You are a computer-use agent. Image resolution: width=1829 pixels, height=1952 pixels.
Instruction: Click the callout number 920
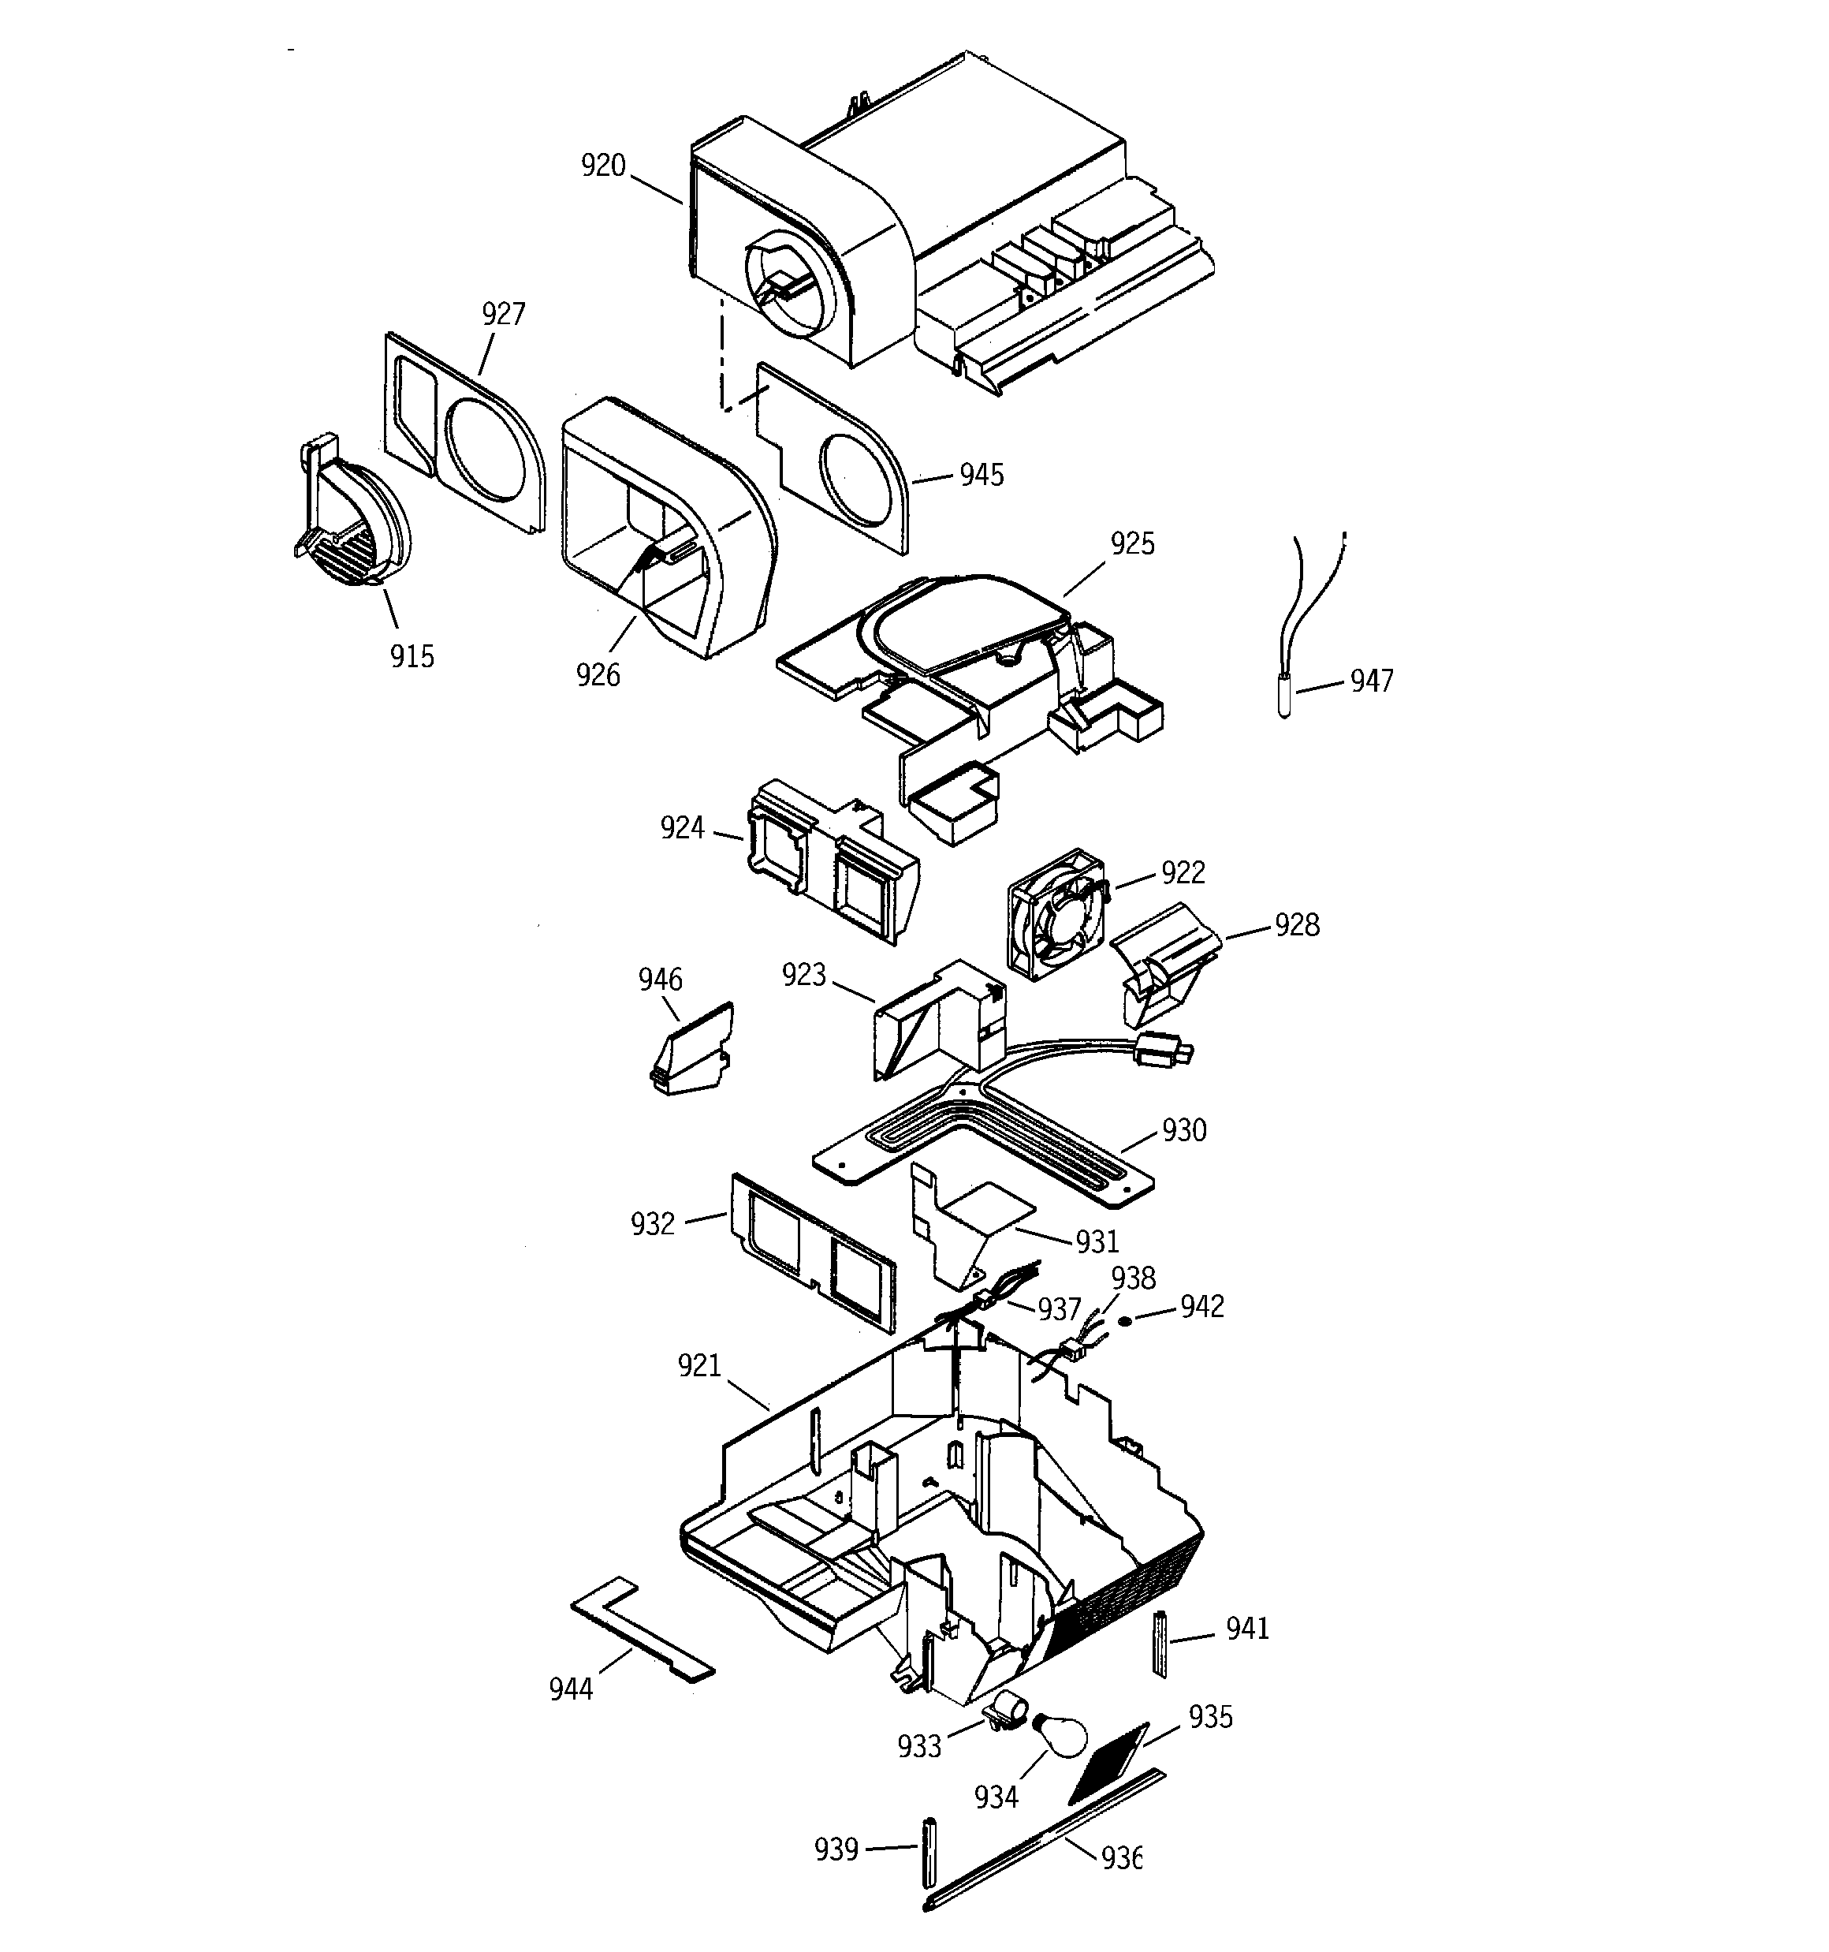(x=603, y=166)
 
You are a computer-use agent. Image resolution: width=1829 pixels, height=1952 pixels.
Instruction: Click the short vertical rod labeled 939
(x=927, y=1852)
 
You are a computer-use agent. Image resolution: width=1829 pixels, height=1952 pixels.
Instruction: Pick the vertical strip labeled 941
(x=1160, y=1644)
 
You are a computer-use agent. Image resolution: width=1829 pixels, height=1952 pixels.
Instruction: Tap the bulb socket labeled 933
(x=1008, y=1713)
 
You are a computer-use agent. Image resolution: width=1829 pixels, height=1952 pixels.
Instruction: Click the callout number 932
(x=653, y=1224)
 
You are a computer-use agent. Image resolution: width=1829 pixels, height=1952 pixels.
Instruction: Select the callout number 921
(x=699, y=1366)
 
